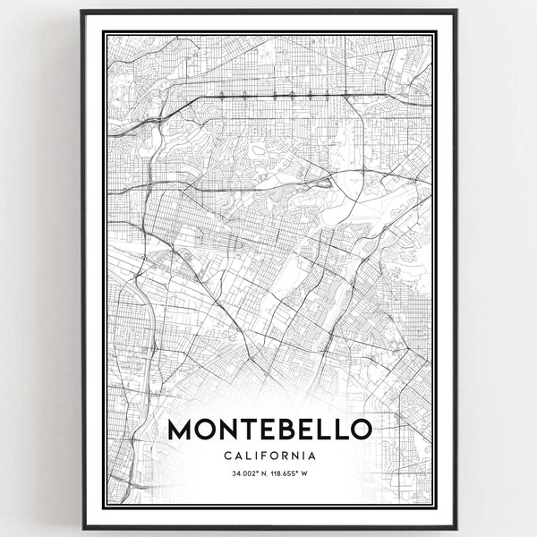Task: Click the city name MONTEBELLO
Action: click(x=268, y=430)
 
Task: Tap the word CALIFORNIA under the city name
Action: click(x=268, y=456)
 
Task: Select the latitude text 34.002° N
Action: click(x=243, y=476)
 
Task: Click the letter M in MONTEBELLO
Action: click(x=180, y=430)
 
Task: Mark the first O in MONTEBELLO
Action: click(x=205, y=430)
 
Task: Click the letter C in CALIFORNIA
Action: click(x=224, y=456)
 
